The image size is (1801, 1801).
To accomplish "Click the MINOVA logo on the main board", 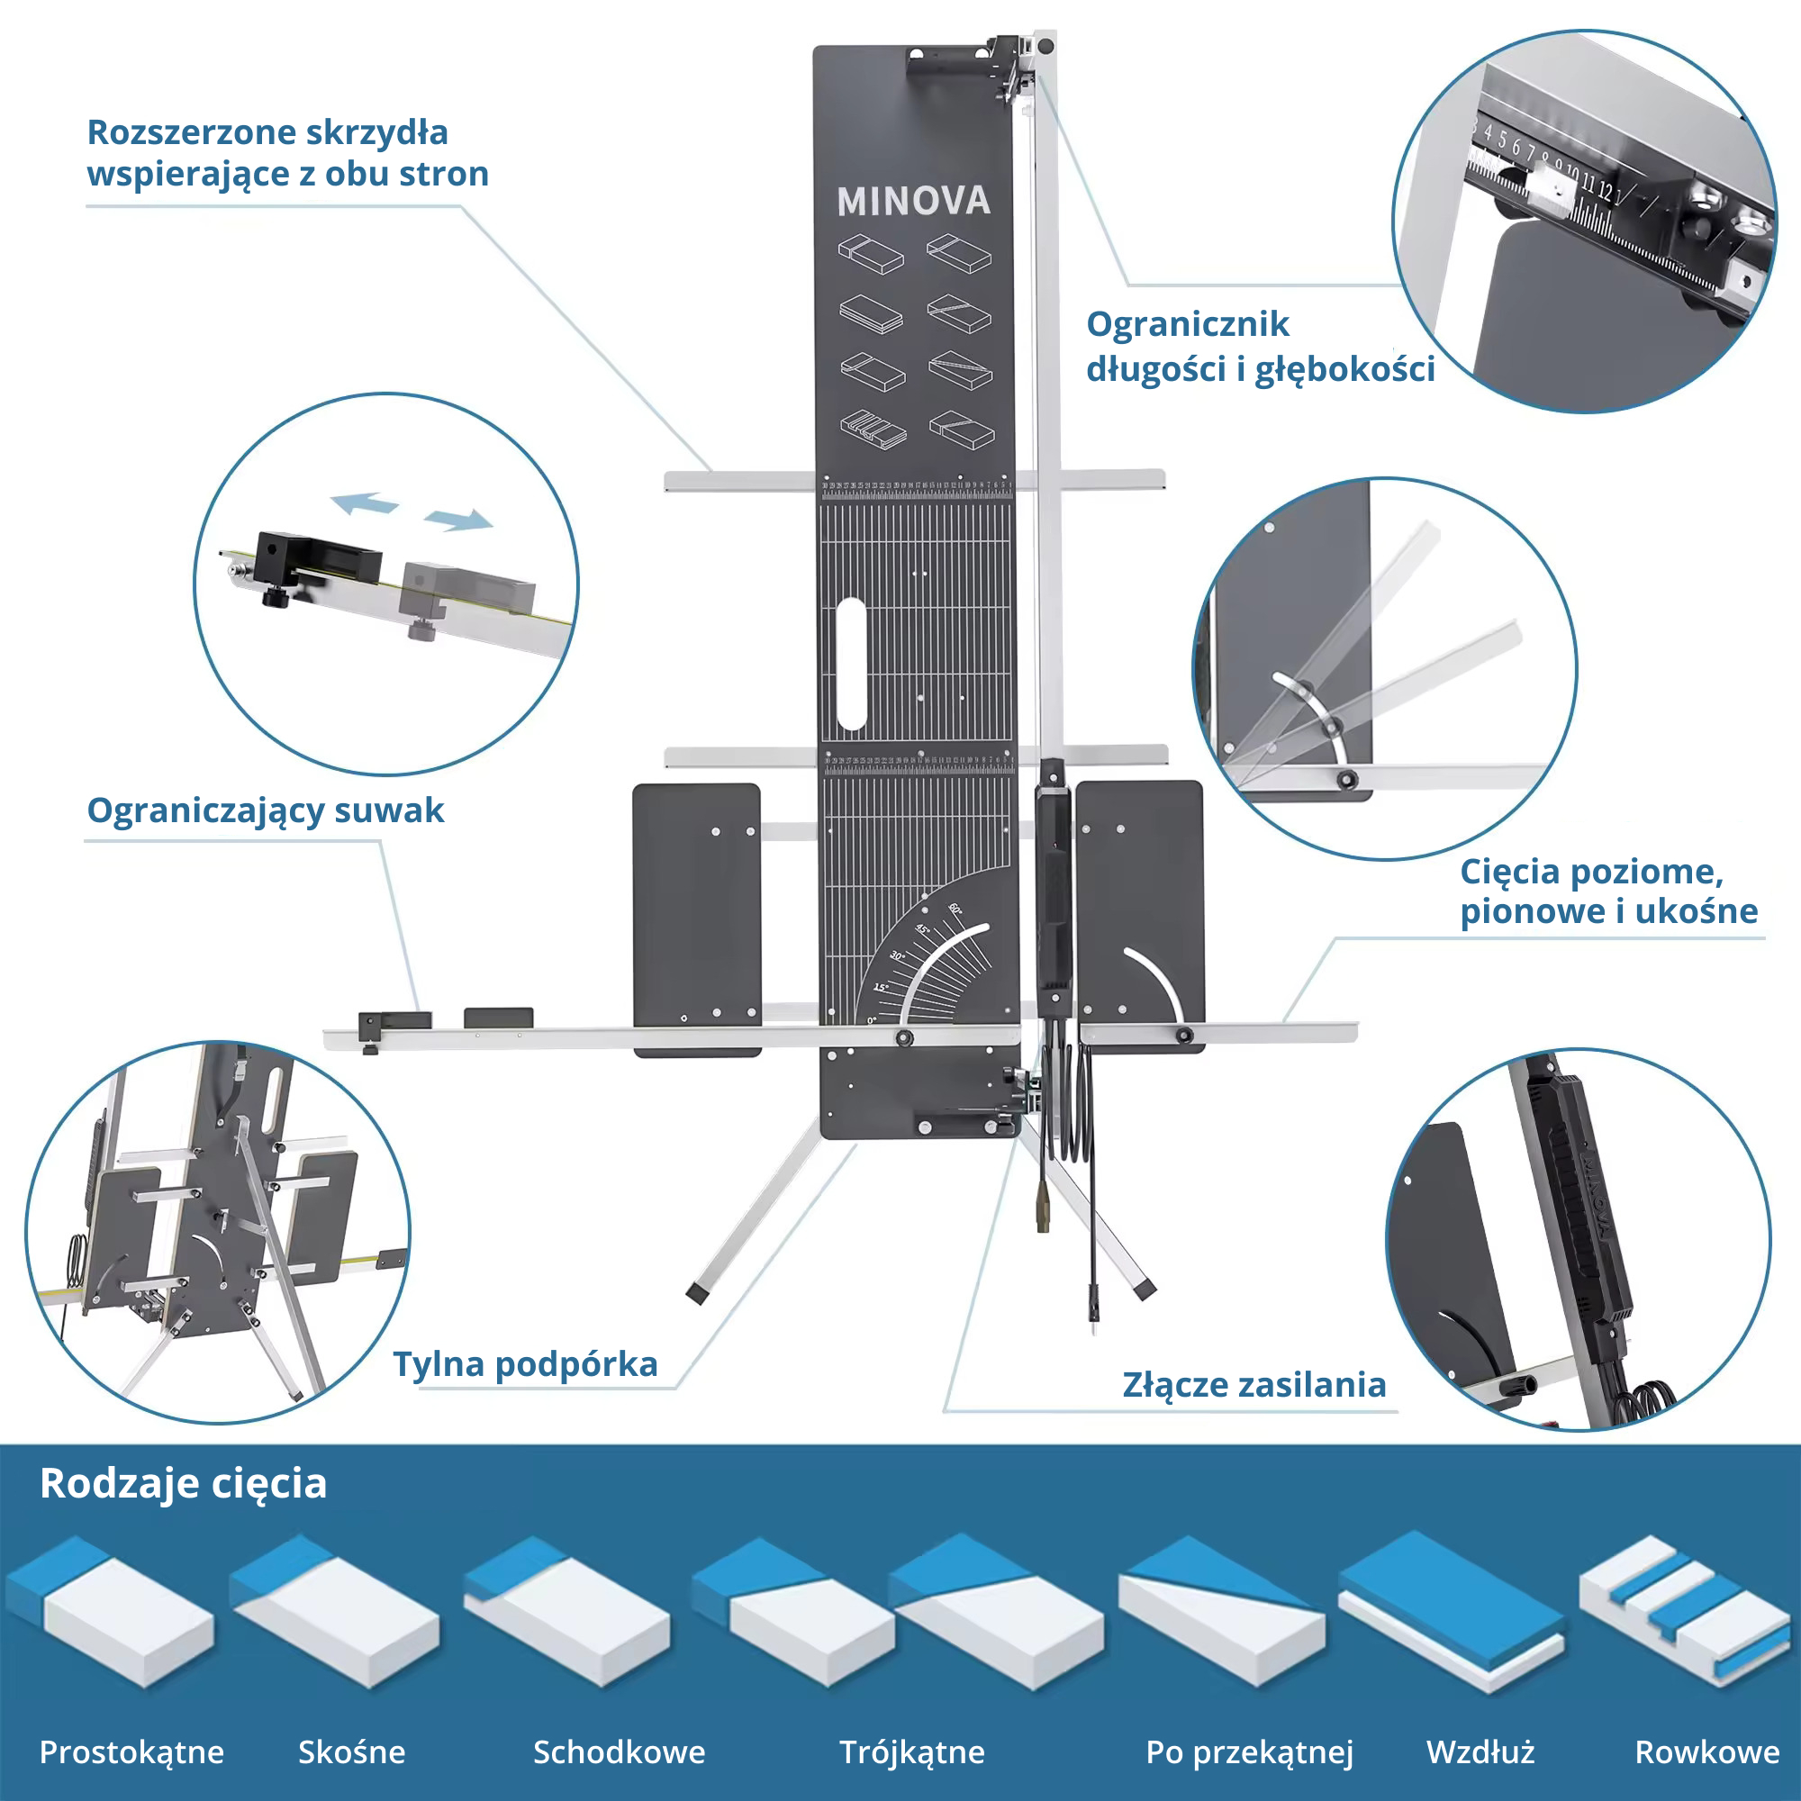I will (x=912, y=202).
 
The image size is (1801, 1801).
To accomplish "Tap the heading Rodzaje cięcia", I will (x=184, y=1483).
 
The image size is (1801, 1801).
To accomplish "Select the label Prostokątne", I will (x=131, y=1751).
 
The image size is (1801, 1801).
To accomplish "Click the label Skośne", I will (x=351, y=1751).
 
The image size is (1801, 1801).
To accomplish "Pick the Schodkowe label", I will (x=619, y=1751).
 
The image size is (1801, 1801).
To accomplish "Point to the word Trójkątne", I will (x=911, y=1751).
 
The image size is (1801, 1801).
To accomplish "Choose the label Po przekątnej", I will (x=1249, y=1751).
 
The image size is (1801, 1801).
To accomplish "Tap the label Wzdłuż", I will (x=1480, y=1751).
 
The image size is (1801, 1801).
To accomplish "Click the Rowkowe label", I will (x=1706, y=1751).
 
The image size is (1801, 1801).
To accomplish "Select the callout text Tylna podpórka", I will (x=526, y=1363).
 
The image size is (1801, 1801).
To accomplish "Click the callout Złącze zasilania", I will (x=1253, y=1384).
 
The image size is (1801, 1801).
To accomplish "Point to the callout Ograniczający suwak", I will (x=266, y=810).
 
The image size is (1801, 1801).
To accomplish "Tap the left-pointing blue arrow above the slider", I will (x=365, y=503).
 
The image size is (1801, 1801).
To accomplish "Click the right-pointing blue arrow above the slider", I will (x=457, y=520).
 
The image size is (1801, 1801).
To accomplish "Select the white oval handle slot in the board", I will (x=851, y=663).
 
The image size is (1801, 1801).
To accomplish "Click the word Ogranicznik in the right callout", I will (x=1188, y=324).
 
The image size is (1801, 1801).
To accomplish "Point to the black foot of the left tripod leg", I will (x=696, y=1294).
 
